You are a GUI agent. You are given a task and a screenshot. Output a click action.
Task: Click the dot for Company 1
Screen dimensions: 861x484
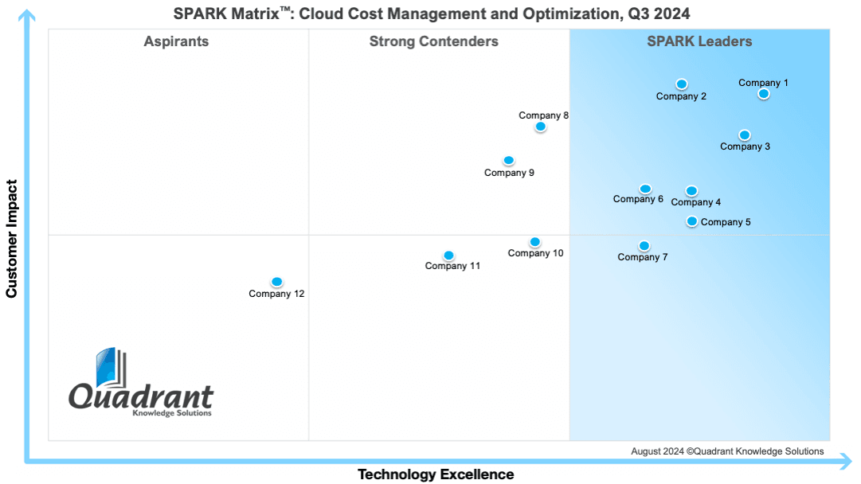pyautogui.click(x=763, y=94)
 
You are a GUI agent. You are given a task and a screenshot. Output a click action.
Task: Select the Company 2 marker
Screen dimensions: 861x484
pyautogui.click(x=682, y=84)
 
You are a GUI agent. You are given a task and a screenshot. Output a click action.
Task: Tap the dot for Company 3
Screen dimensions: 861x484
pyautogui.click(x=745, y=135)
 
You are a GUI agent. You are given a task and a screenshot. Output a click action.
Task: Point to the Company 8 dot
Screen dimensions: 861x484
pyautogui.click(x=540, y=127)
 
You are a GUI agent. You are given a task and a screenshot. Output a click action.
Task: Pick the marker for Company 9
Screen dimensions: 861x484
pyautogui.click(x=508, y=161)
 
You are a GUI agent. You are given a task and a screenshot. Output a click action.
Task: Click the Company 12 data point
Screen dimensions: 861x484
pyautogui.click(x=276, y=282)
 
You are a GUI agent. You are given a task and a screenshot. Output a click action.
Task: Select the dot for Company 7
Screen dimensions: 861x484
pyautogui.click(x=644, y=246)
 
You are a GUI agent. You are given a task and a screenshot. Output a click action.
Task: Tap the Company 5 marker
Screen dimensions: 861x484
pyautogui.click(x=692, y=221)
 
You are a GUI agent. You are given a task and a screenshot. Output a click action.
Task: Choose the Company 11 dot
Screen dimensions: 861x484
pyautogui.click(x=448, y=256)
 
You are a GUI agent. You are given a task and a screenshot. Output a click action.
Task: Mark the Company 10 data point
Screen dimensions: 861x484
pyautogui.click(x=534, y=242)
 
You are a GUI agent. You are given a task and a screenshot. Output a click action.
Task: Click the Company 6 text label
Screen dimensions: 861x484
pyautogui.click(x=638, y=199)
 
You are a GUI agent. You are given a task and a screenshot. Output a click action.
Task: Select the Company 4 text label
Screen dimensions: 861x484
pyautogui.click(x=695, y=202)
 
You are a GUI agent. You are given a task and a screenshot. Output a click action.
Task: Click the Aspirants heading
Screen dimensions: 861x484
pyautogui.click(x=176, y=41)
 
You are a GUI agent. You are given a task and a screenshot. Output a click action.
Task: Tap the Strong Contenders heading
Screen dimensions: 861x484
pyautogui.click(x=434, y=41)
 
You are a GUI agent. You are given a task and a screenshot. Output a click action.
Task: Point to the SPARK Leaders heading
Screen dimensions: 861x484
pyautogui.click(x=699, y=41)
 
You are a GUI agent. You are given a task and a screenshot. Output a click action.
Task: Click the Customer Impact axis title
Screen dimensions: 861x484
pyautogui.click(x=11, y=239)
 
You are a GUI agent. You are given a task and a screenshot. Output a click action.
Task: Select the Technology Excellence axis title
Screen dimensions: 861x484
pyautogui.click(x=436, y=474)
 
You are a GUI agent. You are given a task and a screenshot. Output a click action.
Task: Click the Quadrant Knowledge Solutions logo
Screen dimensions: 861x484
pyautogui.click(x=140, y=382)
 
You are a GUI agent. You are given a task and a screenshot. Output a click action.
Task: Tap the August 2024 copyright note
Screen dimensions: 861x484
pyautogui.click(x=727, y=451)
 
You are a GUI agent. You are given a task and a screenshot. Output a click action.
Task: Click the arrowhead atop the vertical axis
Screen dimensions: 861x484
pyautogui.click(x=26, y=16)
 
